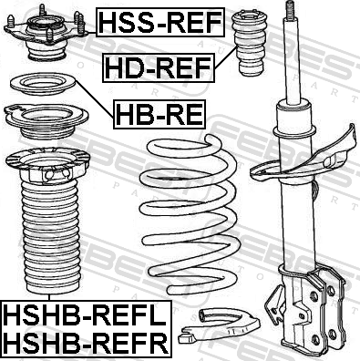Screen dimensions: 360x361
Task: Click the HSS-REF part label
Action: (x=160, y=22)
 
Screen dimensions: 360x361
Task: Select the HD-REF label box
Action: (x=159, y=67)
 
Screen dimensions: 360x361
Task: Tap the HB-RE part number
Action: (x=159, y=114)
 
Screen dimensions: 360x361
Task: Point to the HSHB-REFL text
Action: (x=85, y=315)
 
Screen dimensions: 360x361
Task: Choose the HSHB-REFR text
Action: (x=86, y=343)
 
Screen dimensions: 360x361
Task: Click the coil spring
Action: (x=189, y=214)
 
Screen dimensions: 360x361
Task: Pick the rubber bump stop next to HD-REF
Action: (x=250, y=43)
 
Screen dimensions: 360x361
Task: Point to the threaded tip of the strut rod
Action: (x=291, y=11)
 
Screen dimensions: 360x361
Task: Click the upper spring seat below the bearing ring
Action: (x=46, y=121)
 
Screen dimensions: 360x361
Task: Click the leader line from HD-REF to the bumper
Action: (x=225, y=57)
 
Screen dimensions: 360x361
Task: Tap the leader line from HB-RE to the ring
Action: (x=94, y=99)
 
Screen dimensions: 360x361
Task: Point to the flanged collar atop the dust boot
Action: (x=47, y=165)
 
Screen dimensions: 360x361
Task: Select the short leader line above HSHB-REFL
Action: (x=49, y=297)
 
